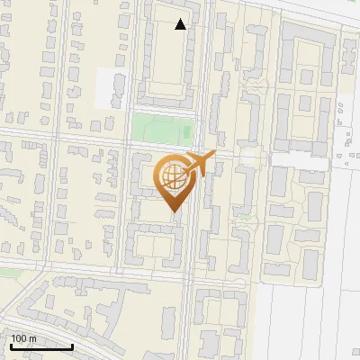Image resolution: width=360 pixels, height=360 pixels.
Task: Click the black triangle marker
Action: (181, 24)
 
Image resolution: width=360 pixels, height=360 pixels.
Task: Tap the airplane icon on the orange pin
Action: (200, 165)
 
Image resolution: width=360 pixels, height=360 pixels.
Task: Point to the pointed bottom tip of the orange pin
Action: (174, 211)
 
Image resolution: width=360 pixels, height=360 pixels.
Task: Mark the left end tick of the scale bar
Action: (10, 344)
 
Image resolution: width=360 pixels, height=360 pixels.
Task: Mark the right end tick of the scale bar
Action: (72, 344)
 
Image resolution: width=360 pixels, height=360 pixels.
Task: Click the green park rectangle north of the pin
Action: (163, 127)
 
